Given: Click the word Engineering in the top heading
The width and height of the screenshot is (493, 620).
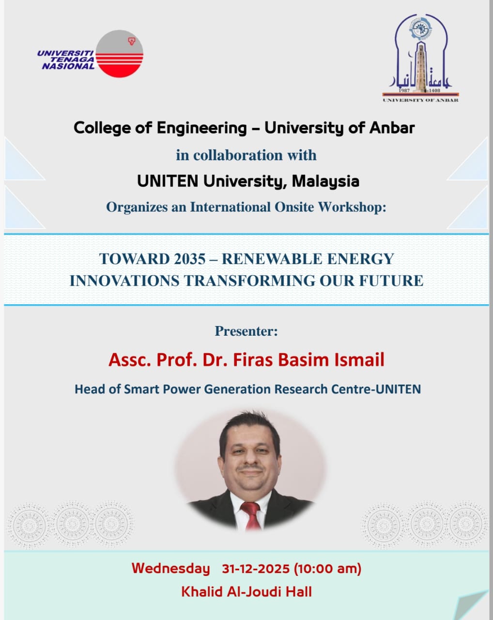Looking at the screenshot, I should (x=201, y=128).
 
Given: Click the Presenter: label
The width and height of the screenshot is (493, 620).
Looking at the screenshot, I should (x=246, y=331).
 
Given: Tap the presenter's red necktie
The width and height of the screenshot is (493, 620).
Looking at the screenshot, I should (x=251, y=514).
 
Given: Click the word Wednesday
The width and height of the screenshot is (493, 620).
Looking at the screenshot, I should (x=170, y=568).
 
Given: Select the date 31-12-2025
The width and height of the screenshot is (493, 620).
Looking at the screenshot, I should (x=255, y=569).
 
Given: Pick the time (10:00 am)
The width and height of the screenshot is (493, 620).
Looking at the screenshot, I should (x=328, y=569).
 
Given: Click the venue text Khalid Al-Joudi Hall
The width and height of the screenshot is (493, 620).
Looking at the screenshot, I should (x=246, y=591).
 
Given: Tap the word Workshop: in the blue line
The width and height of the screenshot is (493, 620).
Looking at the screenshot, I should (x=352, y=207).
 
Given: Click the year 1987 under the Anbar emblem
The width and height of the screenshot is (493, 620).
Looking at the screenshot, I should (x=404, y=91).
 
